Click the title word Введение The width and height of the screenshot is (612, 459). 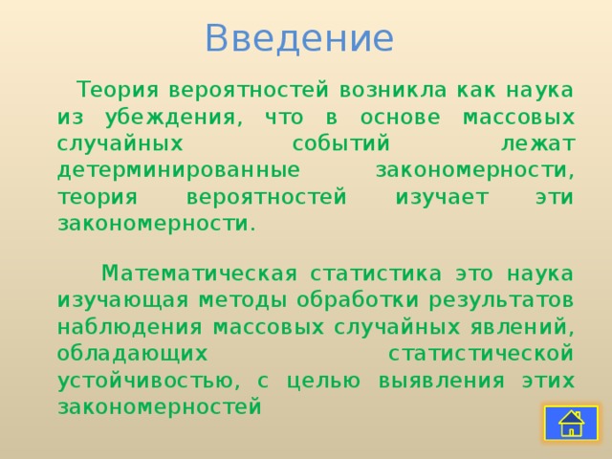(298, 38)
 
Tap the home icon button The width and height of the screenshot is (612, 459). (571, 423)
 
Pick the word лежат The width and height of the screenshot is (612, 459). (537, 143)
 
